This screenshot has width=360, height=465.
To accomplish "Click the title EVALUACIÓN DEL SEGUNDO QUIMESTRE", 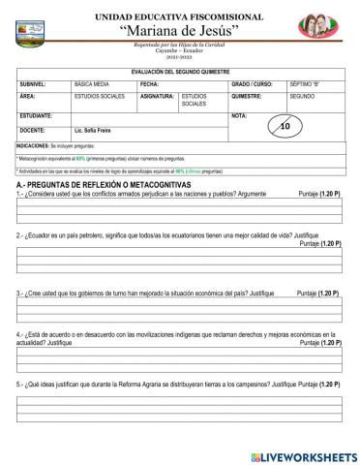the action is click(x=180, y=73).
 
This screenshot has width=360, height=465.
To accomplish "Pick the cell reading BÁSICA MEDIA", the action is click(x=93, y=84).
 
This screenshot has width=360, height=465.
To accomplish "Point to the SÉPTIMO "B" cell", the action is click(x=308, y=84).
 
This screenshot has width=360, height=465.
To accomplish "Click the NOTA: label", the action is click(x=240, y=115).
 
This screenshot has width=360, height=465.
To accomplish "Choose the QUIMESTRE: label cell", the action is click(x=248, y=97).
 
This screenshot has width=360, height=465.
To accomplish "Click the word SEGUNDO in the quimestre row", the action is click(x=304, y=97).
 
